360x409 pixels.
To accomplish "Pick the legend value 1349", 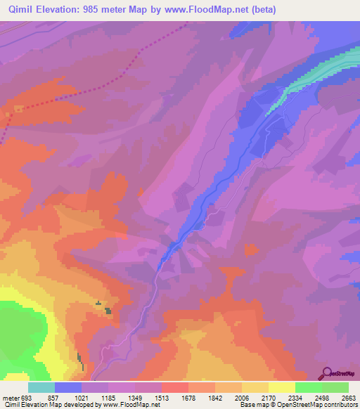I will (144, 398).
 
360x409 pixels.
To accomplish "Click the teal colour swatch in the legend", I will (41, 387).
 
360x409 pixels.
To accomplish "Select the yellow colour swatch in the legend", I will (281, 387).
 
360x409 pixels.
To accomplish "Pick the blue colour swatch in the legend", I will (68, 387).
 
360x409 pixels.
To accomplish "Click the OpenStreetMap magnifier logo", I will (326, 372).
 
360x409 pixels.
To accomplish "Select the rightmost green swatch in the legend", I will (335, 387).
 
